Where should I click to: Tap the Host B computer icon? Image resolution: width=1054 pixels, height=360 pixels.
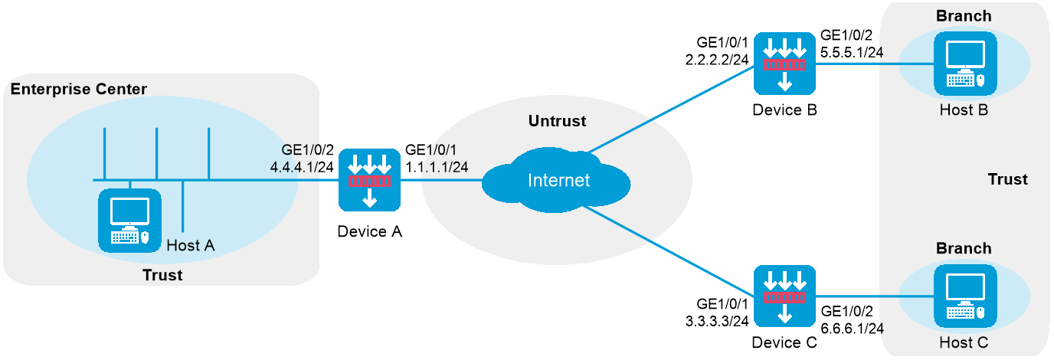[x=964, y=63]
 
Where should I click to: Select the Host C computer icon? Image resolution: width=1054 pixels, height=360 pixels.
[x=964, y=296]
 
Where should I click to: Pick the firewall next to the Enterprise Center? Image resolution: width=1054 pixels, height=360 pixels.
[x=370, y=180]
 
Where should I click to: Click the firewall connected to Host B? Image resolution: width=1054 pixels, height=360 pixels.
[x=784, y=64]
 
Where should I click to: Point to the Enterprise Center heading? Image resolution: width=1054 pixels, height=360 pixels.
[x=78, y=90]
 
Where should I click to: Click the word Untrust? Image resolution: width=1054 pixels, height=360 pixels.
[x=557, y=121]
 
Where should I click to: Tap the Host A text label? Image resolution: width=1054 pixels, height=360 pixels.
[x=190, y=245]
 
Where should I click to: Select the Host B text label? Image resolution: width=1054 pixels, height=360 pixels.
[x=964, y=110]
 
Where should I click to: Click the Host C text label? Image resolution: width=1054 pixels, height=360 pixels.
[x=964, y=342]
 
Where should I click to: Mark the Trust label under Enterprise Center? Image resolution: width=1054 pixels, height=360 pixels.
[x=162, y=275]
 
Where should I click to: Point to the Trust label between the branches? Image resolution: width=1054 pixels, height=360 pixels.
[x=1007, y=179]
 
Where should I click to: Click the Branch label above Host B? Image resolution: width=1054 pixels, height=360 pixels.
[x=964, y=16]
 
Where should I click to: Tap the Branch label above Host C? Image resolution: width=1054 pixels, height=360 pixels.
[x=964, y=248]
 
